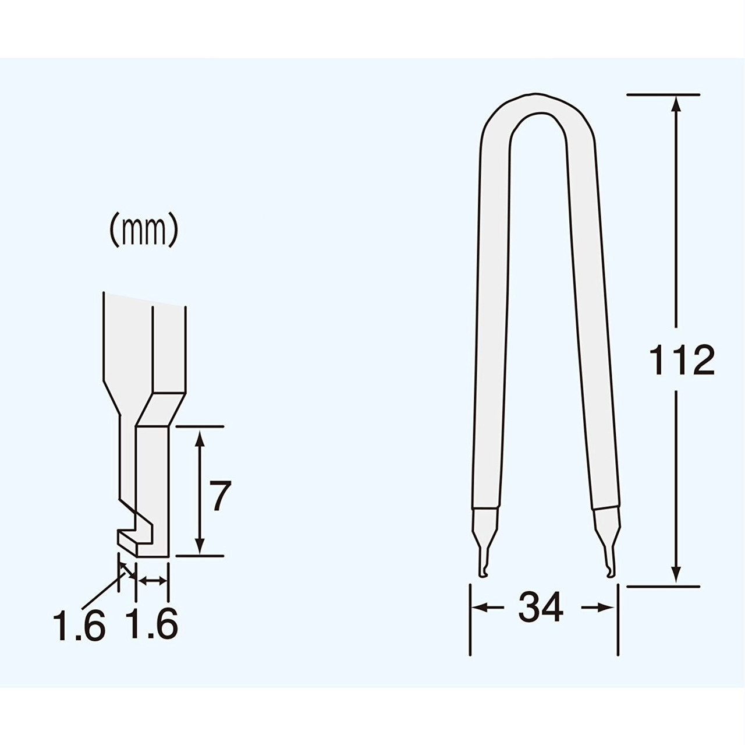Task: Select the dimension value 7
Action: (220, 496)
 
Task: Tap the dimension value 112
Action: (681, 361)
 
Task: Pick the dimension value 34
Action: (541, 608)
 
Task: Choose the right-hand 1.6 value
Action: (151, 625)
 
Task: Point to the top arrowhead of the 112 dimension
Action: (675, 103)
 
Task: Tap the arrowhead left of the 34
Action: (478, 608)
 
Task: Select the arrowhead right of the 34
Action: (609, 608)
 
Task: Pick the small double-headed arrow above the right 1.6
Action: (151, 580)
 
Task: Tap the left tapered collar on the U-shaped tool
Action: (484, 521)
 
